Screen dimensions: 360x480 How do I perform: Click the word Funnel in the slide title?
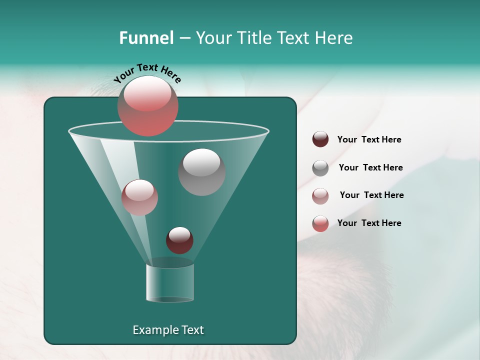[146, 38]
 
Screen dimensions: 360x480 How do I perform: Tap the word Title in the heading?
[253, 38]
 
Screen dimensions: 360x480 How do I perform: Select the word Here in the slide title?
[334, 38]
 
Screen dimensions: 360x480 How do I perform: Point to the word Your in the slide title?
[213, 38]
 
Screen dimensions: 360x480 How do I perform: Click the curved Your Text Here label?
[147, 73]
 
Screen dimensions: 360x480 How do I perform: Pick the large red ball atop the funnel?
[147, 106]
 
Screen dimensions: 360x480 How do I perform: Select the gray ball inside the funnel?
[201, 172]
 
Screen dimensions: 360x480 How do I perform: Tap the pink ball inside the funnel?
[139, 197]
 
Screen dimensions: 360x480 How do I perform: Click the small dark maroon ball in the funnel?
[179, 240]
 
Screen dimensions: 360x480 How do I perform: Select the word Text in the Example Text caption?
[192, 330]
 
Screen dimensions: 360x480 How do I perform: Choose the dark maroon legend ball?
[320, 139]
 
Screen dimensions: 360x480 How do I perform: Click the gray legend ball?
[320, 168]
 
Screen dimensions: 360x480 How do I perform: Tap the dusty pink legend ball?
[320, 196]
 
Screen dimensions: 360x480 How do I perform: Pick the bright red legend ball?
[320, 223]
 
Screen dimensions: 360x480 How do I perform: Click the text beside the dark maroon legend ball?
[369, 140]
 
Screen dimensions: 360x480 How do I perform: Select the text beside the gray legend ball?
[370, 168]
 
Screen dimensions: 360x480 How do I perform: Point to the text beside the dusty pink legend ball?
[371, 195]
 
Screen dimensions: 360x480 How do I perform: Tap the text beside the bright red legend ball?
[369, 223]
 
